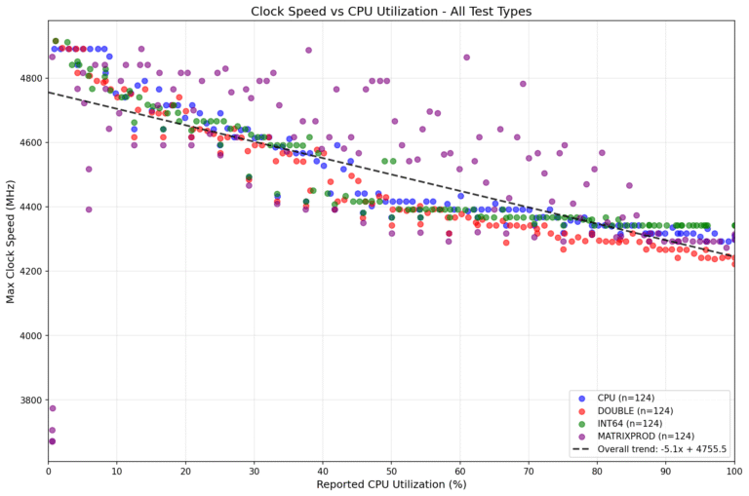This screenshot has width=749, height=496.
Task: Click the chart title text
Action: click(x=391, y=12)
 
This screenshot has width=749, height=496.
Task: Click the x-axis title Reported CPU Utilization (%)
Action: click(x=391, y=484)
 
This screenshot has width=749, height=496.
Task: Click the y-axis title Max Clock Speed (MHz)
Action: click(x=12, y=240)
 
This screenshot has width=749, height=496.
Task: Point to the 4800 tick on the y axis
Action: click(x=28, y=78)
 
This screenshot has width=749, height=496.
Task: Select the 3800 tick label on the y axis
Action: click(x=28, y=401)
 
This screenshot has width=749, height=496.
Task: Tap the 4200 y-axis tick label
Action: click(x=28, y=271)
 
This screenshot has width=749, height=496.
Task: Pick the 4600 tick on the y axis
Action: click(x=28, y=142)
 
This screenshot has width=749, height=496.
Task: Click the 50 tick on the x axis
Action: click(x=391, y=470)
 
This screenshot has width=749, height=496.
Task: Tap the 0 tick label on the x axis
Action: click(x=49, y=470)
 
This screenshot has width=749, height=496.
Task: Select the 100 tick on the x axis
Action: click(x=733, y=470)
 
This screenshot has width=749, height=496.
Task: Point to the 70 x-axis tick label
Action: click(x=529, y=470)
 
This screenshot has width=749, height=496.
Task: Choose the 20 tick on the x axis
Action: click(x=185, y=470)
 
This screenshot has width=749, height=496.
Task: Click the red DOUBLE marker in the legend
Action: click(x=582, y=410)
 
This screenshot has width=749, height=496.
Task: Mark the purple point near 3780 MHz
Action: click(x=52, y=408)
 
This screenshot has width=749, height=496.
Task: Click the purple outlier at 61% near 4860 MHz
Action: click(x=466, y=57)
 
